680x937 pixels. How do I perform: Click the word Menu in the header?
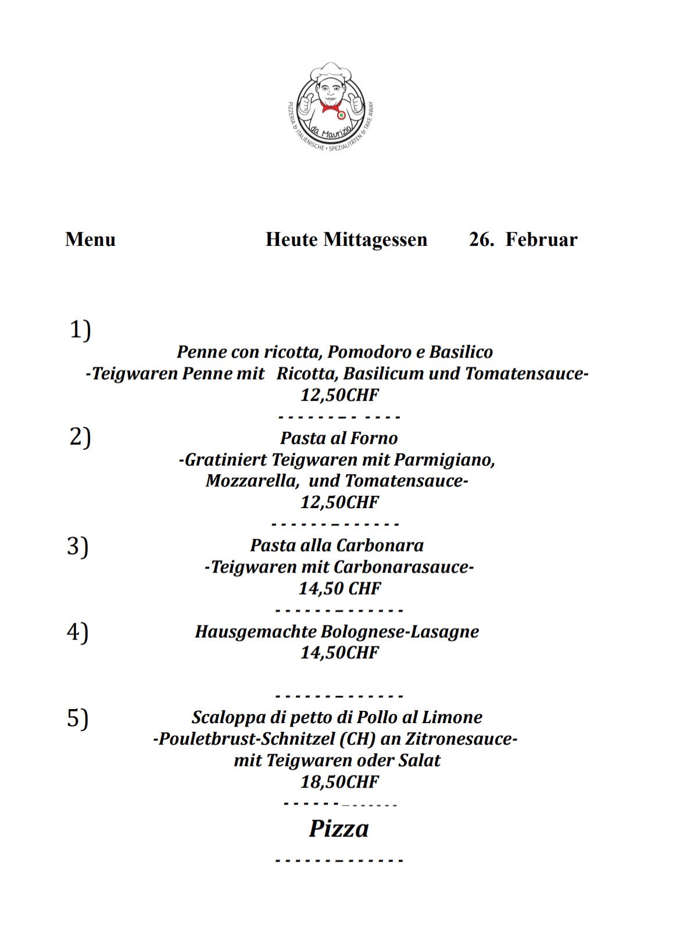(90, 239)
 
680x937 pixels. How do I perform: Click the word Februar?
(541, 239)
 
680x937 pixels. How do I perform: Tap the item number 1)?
(80, 330)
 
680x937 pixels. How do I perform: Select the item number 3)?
(78, 546)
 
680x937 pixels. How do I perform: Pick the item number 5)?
(78, 718)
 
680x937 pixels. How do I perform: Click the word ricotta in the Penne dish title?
(294, 352)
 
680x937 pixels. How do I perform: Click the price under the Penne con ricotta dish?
(339, 395)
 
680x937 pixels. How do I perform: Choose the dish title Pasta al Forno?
(339, 438)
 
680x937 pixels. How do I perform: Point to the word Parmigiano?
(445, 460)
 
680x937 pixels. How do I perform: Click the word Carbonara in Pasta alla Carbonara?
(380, 545)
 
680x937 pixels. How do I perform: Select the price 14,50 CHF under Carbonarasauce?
(339, 588)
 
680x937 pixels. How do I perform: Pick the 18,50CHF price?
(339, 782)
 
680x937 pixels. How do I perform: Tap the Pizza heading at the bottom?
(339, 828)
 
